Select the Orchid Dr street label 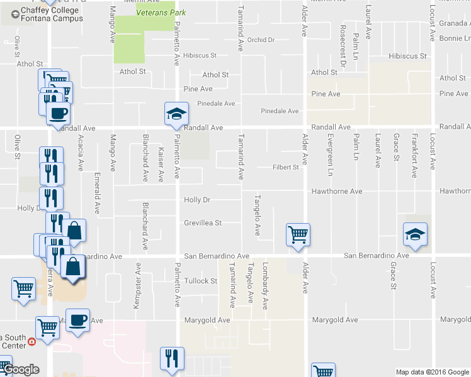pyautogui.click(x=261, y=40)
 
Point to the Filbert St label pyautogui.click(x=285, y=167)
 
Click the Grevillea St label pyautogui.click(x=203, y=222)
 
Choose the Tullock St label pyautogui.click(x=200, y=281)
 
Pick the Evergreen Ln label pyautogui.click(x=329, y=154)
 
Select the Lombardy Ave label pyautogui.click(x=266, y=286)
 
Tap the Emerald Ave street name pyautogui.click(x=98, y=192)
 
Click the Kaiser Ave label pyautogui.click(x=161, y=165)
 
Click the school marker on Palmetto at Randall pyautogui.click(x=176, y=113)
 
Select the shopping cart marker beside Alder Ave pyautogui.click(x=298, y=235)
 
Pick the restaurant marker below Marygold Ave pyautogui.click(x=172, y=358)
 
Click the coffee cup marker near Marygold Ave pyautogui.click(x=77, y=320)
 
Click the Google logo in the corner pyautogui.click(x=21, y=369)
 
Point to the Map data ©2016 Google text pyautogui.click(x=433, y=372)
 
